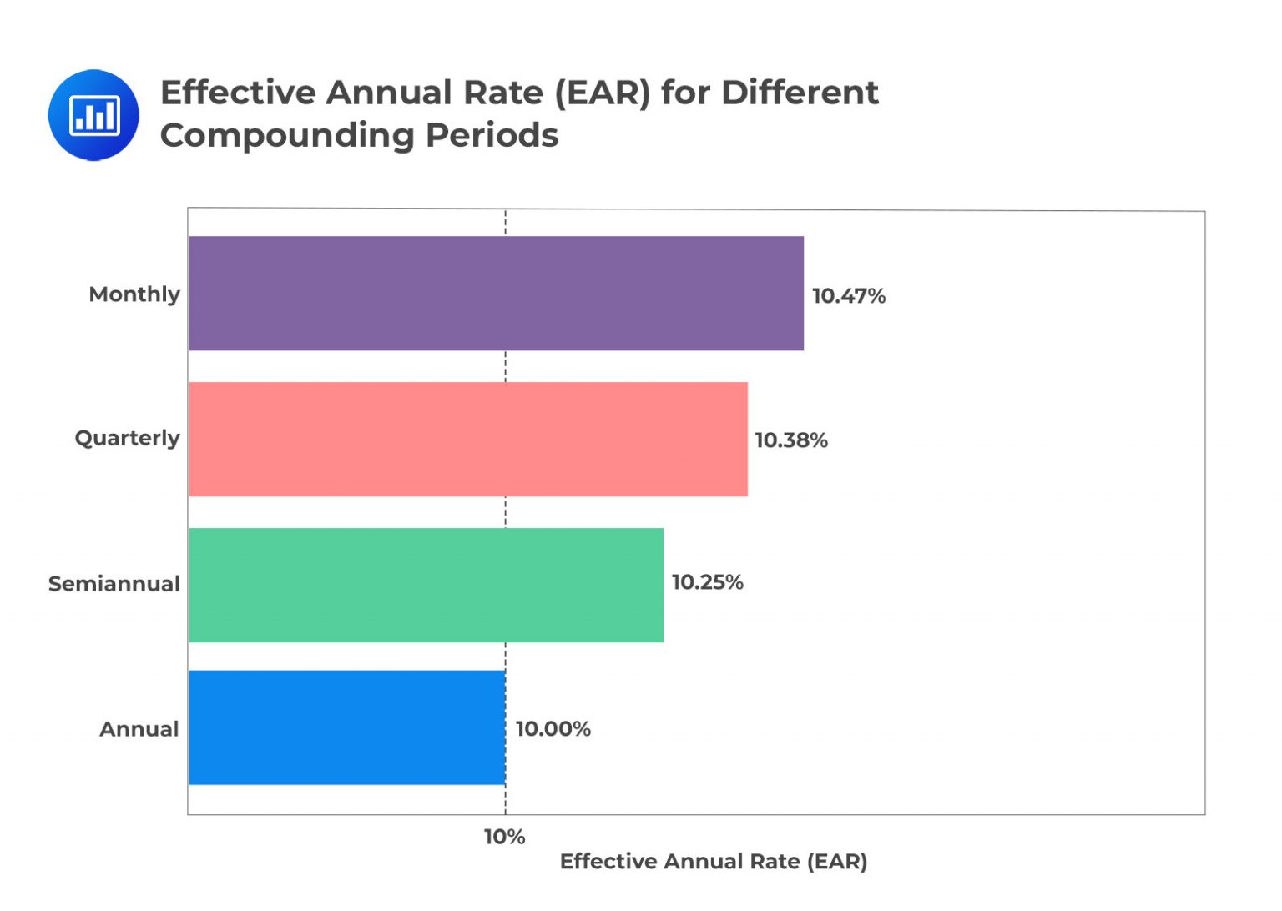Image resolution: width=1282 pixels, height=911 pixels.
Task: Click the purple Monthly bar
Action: pos(496,293)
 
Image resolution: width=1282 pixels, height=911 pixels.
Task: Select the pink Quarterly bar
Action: pos(467,439)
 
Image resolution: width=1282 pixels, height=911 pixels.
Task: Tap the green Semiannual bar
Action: pos(426,585)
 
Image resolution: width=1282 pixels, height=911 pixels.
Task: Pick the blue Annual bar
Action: pos(346,727)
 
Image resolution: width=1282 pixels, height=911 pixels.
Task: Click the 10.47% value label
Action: pos(848,296)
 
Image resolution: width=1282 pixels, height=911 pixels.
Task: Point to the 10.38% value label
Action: pos(790,440)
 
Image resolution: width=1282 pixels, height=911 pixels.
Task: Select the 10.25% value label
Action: pos(707,582)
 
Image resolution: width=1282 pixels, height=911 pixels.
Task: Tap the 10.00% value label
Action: pos(553,729)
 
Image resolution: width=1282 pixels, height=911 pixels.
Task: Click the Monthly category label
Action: pos(134,294)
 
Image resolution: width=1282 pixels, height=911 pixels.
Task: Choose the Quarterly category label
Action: pos(127,439)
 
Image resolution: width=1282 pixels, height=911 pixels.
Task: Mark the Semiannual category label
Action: pos(114,584)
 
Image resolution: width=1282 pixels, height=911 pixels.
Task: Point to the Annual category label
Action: pos(139,729)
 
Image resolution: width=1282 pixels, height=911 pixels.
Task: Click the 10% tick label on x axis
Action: pos(504,837)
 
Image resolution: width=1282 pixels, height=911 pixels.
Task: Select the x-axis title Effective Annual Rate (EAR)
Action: pos(713,862)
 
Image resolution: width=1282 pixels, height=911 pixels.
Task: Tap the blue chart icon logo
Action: pos(93,115)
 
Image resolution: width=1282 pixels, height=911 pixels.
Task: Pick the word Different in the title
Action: pos(799,93)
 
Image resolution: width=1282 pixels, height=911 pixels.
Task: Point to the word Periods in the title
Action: pos(492,135)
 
